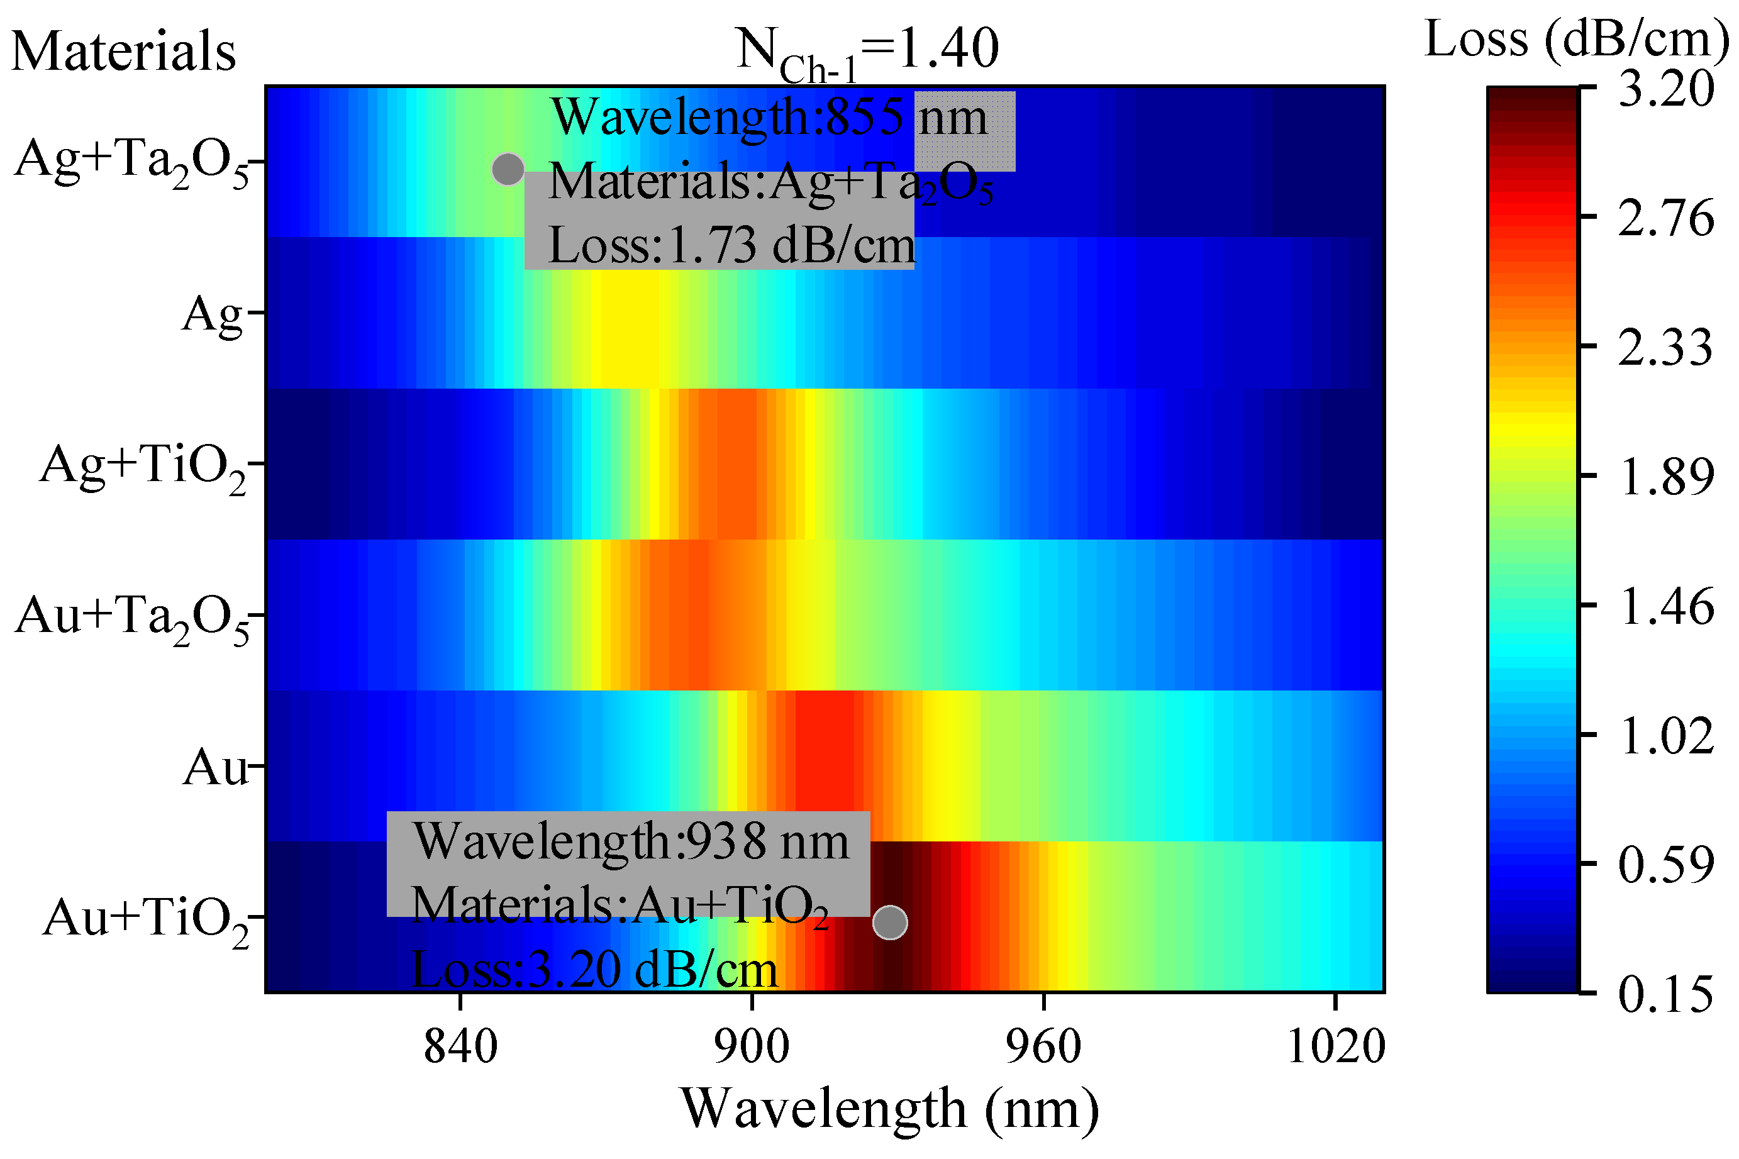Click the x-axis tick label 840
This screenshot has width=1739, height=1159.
click(460, 1048)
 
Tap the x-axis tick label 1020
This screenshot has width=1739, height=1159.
click(1335, 1048)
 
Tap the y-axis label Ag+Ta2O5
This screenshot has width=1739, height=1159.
click(133, 163)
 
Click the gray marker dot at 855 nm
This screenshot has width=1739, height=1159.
click(508, 169)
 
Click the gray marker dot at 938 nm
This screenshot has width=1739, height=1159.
click(889, 923)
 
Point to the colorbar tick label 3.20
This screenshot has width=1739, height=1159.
click(1665, 90)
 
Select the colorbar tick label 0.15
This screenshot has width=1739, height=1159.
click(1664, 994)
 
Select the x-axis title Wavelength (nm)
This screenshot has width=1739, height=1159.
click(889, 1109)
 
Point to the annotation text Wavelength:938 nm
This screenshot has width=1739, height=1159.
click(630, 842)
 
